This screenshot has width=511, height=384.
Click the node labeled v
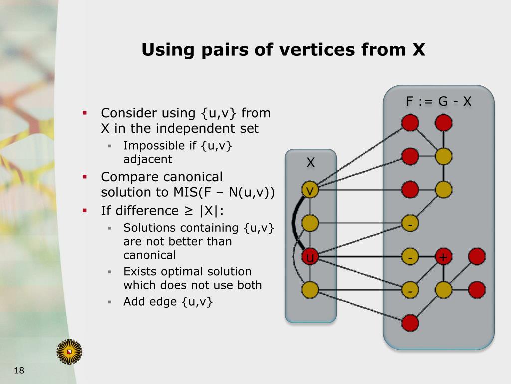pyautogui.click(x=310, y=190)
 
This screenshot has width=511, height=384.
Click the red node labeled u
pyautogui.click(x=310, y=257)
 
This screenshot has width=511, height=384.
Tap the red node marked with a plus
pyautogui.click(x=443, y=257)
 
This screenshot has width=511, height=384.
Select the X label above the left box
pyautogui.click(x=310, y=162)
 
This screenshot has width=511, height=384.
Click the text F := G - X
pyautogui.click(x=438, y=102)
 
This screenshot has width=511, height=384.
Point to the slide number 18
pyautogui.click(x=19, y=370)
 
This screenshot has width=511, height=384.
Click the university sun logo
pyautogui.click(x=69, y=351)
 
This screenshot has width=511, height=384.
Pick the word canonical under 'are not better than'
pyautogui.click(x=150, y=255)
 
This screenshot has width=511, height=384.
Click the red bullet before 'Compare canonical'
pyautogui.click(x=85, y=177)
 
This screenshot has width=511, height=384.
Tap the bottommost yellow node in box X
pyautogui.click(x=310, y=289)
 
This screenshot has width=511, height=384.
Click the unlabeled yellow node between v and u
pyautogui.click(x=310, y=223)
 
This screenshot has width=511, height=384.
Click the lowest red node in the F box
pyautogui.click(x=410, y=322)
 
